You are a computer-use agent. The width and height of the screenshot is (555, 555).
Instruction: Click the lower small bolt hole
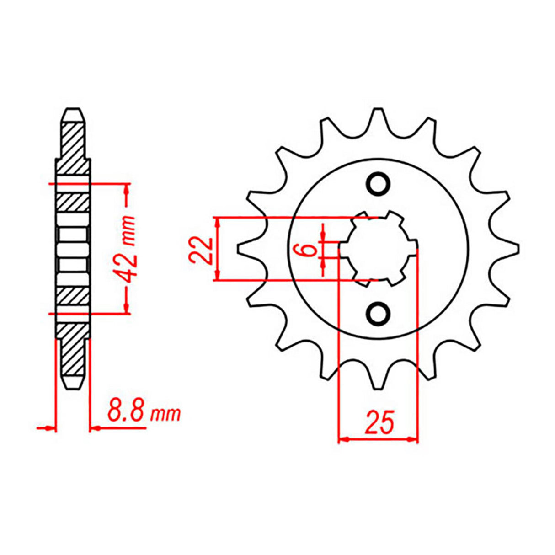(379, 314)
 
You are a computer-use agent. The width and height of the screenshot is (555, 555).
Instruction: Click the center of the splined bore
(378, 249)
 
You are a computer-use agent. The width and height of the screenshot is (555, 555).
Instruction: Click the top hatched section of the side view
(73, 146)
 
